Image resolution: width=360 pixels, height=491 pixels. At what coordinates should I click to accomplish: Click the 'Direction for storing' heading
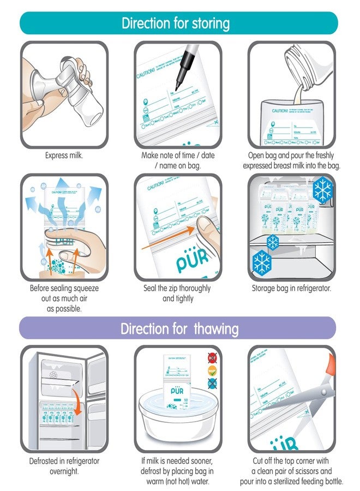(175, 23)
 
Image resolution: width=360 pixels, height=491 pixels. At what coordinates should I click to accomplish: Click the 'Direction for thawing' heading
(179, 328)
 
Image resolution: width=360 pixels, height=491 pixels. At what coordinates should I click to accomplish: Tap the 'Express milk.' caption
(64, 155)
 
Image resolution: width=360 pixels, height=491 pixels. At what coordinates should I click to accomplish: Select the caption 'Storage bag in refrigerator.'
(291, 288)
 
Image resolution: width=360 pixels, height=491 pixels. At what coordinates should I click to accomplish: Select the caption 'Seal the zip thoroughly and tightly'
(178, 293)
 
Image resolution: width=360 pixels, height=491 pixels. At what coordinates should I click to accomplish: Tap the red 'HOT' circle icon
(212, 358)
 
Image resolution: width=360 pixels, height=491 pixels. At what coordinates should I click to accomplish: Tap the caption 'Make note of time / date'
(178, 155)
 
